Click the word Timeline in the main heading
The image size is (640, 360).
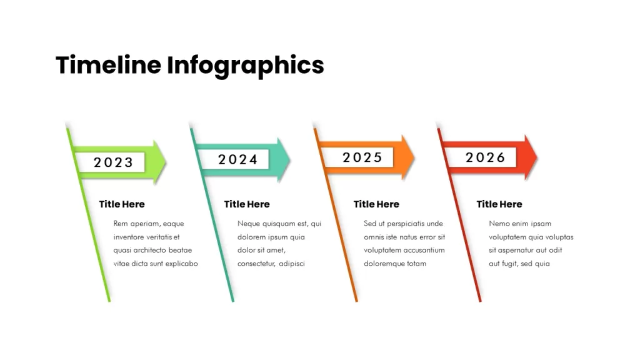(109, 65)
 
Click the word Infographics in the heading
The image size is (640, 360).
(245, 66)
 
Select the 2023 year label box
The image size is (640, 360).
(110, 162)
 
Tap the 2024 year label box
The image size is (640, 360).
(234, 159)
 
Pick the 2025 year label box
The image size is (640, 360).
(358, 157)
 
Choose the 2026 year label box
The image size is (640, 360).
(482, 157)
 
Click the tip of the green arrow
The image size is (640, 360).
(166, 162)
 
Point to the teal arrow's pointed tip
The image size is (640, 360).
(290, 159)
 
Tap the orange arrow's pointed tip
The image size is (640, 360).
(414, 157)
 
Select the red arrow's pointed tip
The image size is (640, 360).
(537, 157)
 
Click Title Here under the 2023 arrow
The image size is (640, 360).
(122, 204)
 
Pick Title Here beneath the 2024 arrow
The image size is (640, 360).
(246, 204)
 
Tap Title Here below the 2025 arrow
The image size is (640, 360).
(376, 204)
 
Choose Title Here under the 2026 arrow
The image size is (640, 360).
(499, 204)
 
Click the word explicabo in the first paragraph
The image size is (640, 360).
(181, 264)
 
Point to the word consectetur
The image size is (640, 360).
(256, 264)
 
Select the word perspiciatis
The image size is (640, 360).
(404, 224)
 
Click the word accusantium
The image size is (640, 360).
(424, 250)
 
